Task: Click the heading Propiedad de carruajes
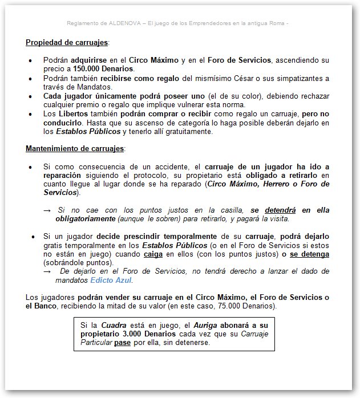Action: click(66, 42)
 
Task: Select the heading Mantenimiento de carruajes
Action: click(75, 149)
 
